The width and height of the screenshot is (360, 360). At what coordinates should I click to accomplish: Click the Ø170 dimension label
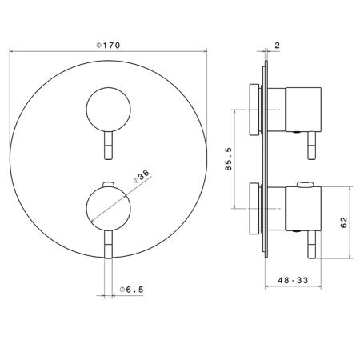(x=108, y=46)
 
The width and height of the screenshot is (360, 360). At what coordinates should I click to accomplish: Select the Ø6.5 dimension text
(x=132, y=290)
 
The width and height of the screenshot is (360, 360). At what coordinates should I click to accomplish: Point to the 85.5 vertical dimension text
(x=229, y=159)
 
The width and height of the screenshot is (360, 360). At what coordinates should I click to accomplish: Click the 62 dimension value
(x=344, y=222)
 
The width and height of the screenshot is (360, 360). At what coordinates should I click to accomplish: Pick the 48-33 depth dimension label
(x=293, y=280)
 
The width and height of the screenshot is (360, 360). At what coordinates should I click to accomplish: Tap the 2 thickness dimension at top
(x=278, y=46)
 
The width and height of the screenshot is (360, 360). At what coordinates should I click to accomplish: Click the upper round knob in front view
(x=108, y=110)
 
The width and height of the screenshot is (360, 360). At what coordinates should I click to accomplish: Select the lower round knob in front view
(x=108, y=208)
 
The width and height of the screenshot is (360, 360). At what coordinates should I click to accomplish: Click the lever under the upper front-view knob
(x=109, y=146)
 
